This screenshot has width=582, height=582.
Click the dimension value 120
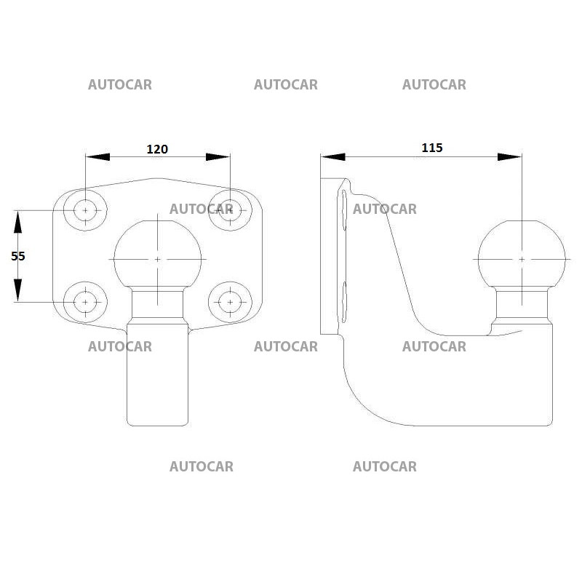pos(157,149)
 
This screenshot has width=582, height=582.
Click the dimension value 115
pos(432,148)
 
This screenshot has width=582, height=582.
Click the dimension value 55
pos(18,255)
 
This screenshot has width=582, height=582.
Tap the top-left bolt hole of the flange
pos(85,210)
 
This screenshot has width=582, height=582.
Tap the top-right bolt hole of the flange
pos(230,210)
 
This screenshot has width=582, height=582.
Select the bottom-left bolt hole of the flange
pos(85,301)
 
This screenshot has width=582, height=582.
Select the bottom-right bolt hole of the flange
pos(230,301)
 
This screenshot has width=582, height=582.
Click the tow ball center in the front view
pos(158,258)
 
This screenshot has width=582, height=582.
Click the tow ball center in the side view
pos(522,258)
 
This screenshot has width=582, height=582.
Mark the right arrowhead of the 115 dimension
pos(510,156)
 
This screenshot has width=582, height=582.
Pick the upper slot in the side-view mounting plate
pos(344,211)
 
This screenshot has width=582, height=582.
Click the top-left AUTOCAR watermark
pos(120,84)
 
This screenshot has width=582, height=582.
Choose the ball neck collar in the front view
pos(158,303)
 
